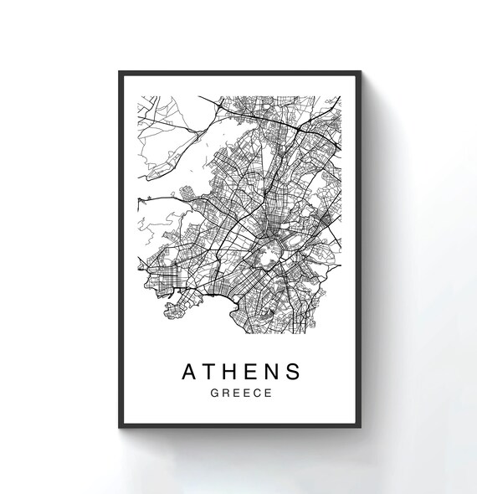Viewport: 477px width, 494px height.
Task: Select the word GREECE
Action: point(242,392)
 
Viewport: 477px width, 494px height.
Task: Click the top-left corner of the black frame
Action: point(120,72)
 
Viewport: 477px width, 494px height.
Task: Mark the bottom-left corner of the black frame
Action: point(120,427)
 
